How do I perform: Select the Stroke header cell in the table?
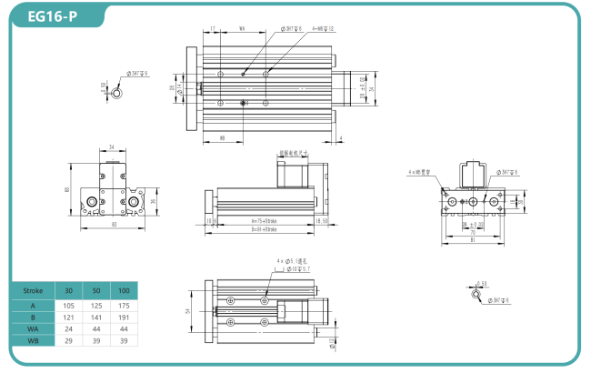[x=32, y=290]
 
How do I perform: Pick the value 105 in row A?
[x=69, y=307]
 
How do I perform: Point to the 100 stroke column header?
[x=125, y=290]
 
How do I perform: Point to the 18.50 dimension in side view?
[x=321, y=220]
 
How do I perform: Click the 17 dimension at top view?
[x=212, y=29]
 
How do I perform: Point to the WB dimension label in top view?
[x=223, y=138]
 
